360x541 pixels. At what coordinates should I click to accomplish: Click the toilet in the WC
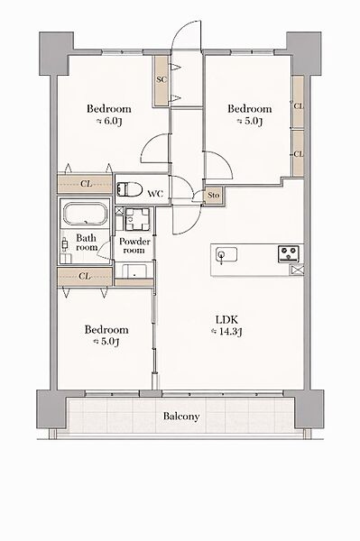pos(129,189)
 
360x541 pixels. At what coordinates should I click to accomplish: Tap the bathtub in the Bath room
pos(85,215)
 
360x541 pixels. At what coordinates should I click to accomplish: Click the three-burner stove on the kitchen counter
pos(289,254)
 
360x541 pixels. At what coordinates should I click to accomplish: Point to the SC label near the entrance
pos(162,79)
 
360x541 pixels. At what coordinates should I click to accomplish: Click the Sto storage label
pos(214,196)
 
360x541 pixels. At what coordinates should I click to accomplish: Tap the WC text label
pos(155,194)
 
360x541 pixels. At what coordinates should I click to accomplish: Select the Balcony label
pos(181,417)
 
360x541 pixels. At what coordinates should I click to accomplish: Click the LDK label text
pos(226,319)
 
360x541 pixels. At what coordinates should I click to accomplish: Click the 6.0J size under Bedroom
pos(109,122)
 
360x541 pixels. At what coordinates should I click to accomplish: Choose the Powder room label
pos(134,245)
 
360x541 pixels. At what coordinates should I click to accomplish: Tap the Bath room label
pos(87,243)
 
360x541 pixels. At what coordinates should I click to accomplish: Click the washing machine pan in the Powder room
pos(137,219)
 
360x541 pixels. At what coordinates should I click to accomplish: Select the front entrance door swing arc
pos(187,35)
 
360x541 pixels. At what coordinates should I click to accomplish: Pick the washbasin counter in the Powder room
pos(134,270)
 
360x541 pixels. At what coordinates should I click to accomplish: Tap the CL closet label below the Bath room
pos(85,277)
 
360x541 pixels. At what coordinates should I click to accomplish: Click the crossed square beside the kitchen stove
pos(297,270)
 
